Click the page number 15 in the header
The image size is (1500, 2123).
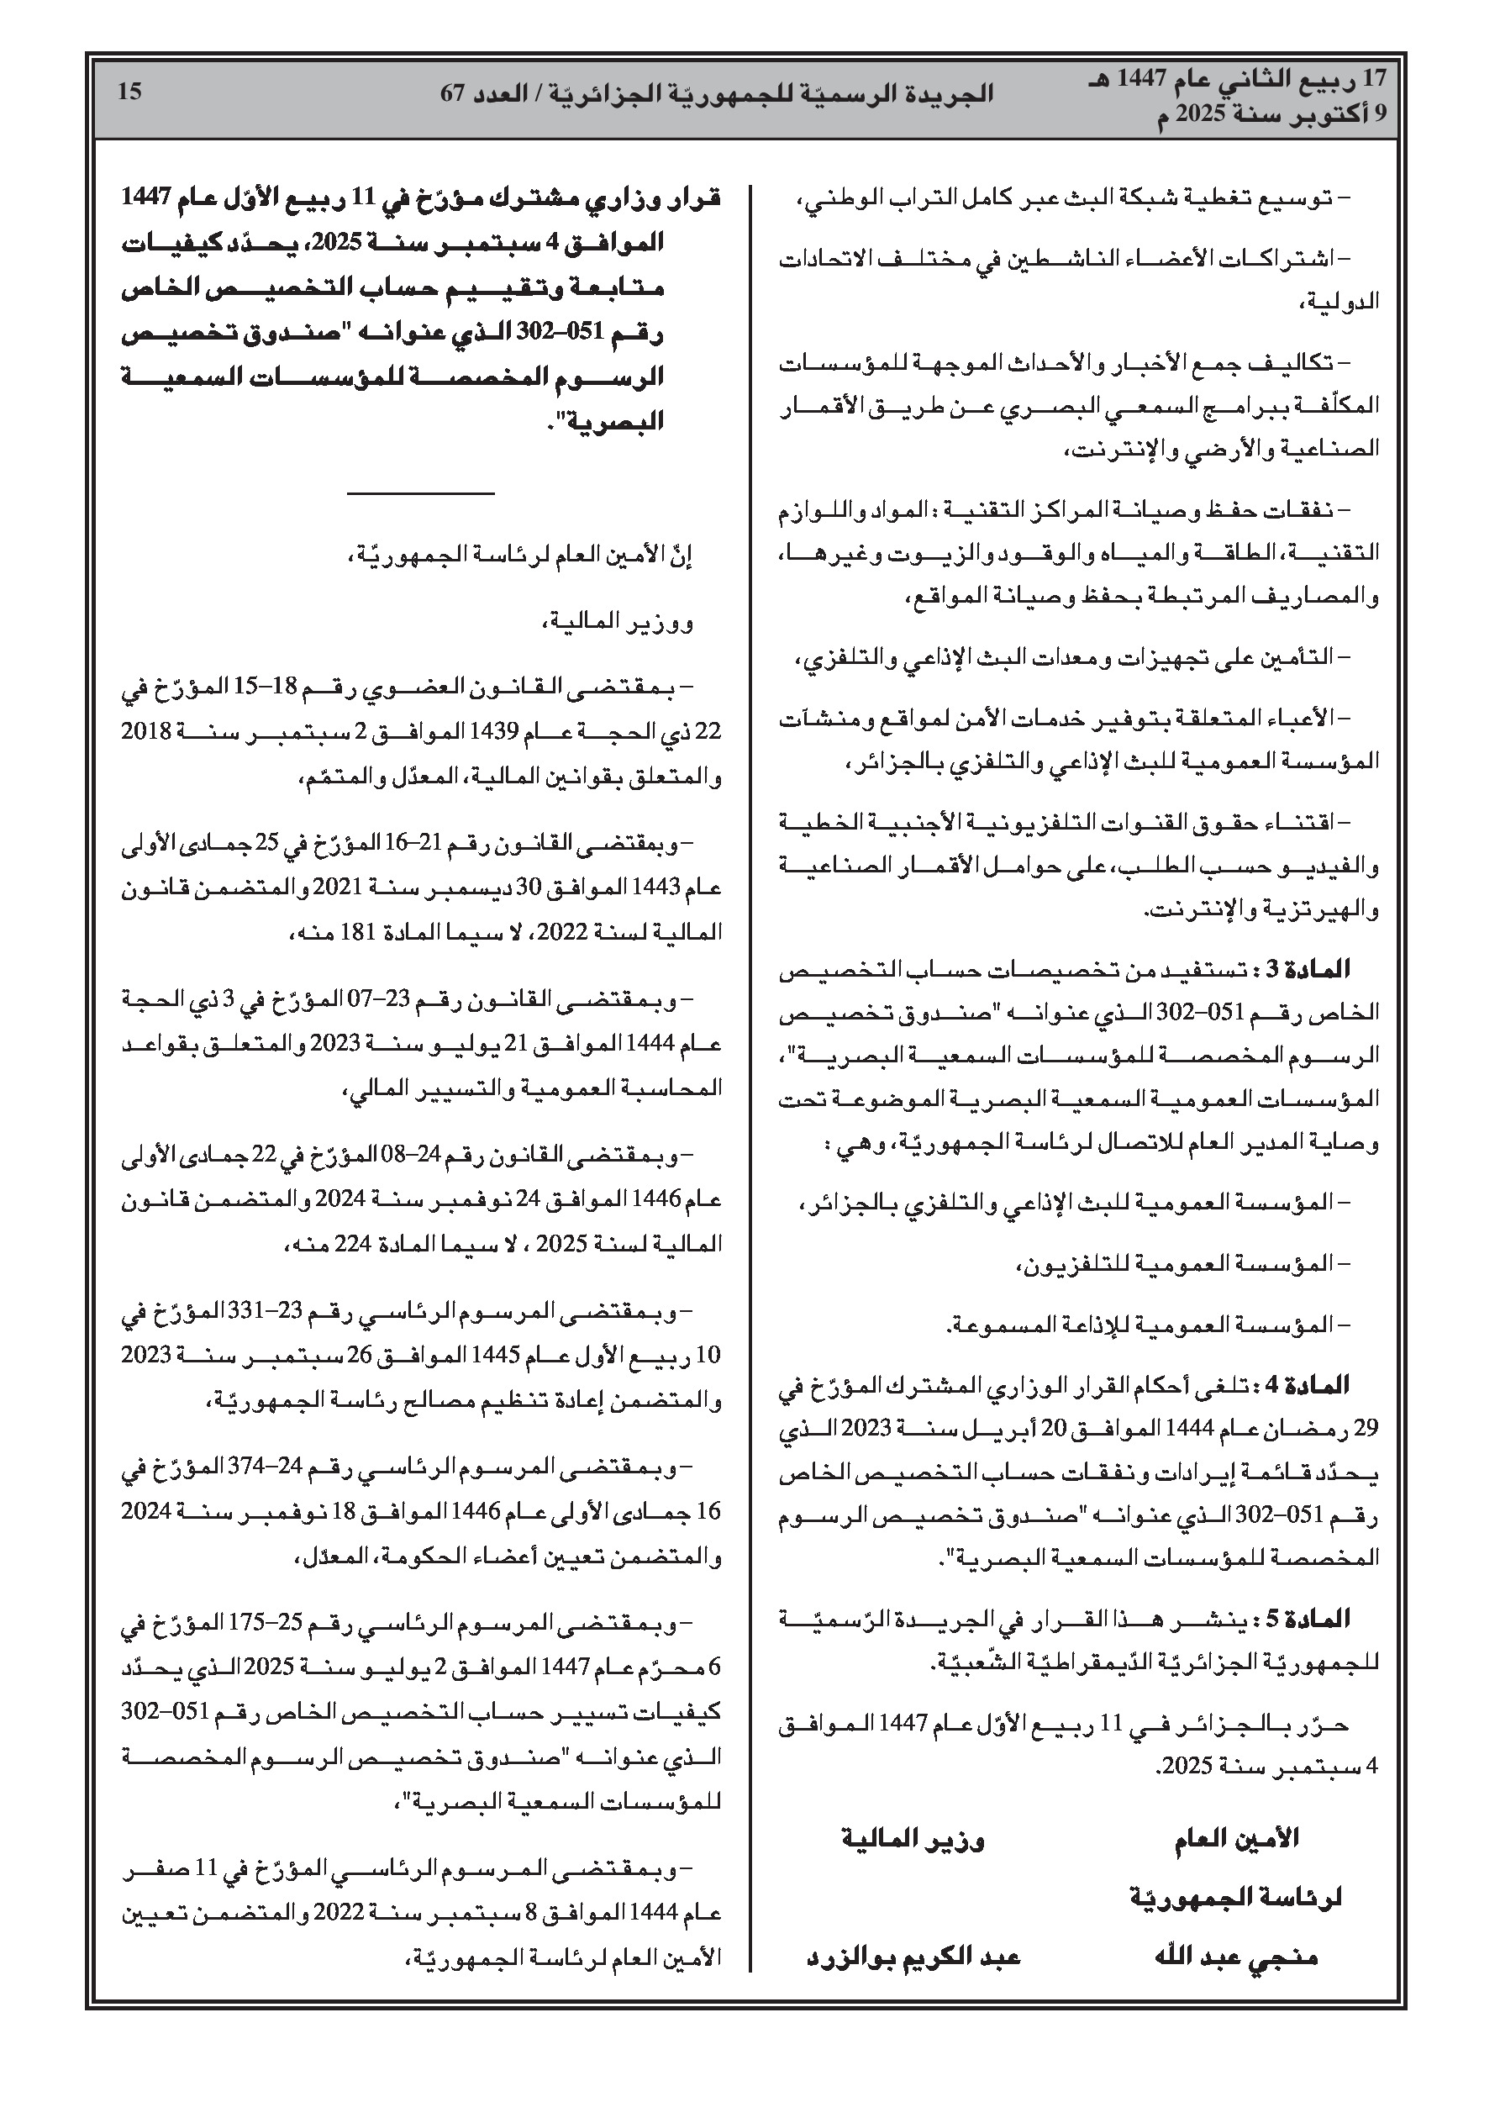pyautogui.click(x=130, y=92)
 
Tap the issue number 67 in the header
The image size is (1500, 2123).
pyautogui.click(x=452, y=94)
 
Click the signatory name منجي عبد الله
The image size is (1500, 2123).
pyautogui.click(x=1236, y=1957)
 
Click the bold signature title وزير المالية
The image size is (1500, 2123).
pyautogui.click(x=913, y=1839)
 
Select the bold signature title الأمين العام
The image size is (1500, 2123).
pyautogui.click(x=1236, y=1839)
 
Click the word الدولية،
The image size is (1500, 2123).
pyautogui.click(x=1340, y=302)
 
